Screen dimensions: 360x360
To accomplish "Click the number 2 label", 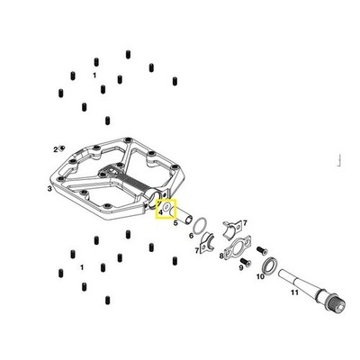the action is [56, 149].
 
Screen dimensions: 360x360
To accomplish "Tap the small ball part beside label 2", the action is [63, 148].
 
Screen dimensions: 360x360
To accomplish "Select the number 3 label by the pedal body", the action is [49, 189].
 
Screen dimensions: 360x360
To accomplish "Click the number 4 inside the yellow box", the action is [161, 212].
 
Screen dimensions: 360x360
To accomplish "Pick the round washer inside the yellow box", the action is [166, 207].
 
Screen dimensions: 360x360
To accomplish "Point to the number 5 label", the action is [175, 223].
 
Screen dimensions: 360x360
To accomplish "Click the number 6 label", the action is [191, 236].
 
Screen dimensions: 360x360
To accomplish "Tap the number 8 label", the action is [221, 256].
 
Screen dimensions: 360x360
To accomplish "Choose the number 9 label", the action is [241, 267].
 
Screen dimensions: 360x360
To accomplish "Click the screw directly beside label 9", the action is [247, 263].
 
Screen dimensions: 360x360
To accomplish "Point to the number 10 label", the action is [260, 276].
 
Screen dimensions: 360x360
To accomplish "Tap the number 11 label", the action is [294, 292].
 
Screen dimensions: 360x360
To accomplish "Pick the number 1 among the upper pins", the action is [94, 76].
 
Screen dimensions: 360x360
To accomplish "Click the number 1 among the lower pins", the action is [82, 267].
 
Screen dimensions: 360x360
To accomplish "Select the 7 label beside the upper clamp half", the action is [245, 223].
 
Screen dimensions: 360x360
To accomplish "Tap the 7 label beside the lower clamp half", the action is [197, 250].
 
